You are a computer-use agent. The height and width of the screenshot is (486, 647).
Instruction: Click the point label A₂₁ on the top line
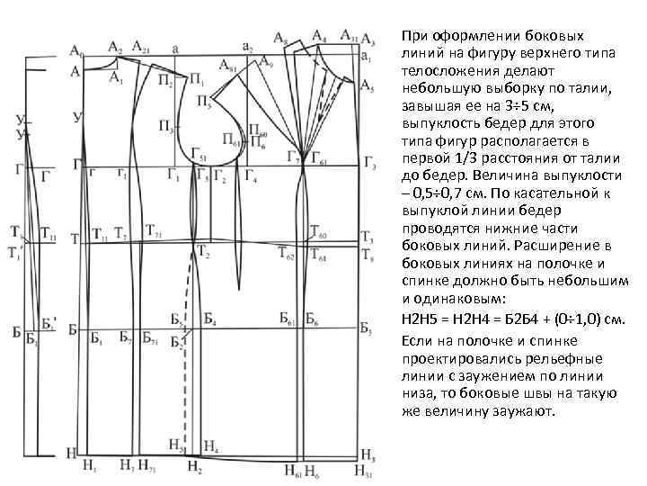tap(140, 45)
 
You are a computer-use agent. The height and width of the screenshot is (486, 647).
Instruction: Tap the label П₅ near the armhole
tap(204, 101)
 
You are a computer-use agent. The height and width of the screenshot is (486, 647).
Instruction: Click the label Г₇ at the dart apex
tap(293, 158)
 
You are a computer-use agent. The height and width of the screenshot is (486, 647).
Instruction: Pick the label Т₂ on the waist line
tap(204, 253)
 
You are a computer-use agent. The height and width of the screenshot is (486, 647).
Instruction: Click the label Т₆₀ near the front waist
tap(318, 232)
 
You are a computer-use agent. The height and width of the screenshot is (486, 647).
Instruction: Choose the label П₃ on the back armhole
tap(166, 124)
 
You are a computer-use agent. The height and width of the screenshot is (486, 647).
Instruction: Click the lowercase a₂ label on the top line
tap(247, 46)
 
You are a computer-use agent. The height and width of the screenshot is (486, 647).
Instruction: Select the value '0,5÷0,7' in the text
tap(434, 190)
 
